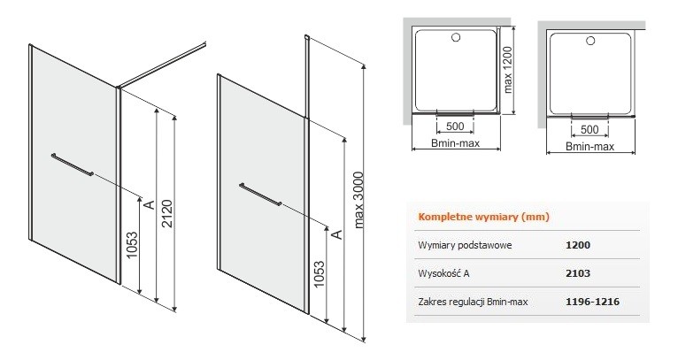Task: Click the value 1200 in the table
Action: pyautogui.click(x=578, y=246)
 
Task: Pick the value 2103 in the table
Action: pyautogui.click(x=578, y=274)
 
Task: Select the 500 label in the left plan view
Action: pyautogui.click(x=457, y=126)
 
